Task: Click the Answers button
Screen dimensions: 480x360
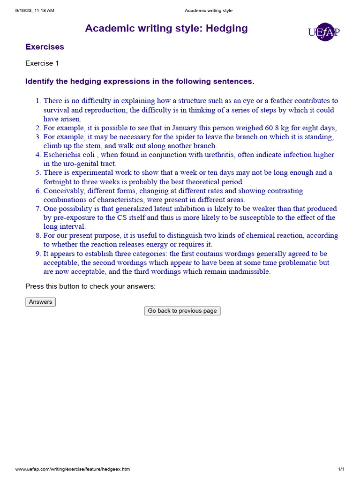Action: (40, 302)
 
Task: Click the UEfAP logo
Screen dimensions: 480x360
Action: (323, 32)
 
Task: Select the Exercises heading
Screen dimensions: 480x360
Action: (45, 47)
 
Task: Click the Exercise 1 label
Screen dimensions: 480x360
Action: (42, 63)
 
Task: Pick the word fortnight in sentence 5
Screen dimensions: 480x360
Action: (59, 182)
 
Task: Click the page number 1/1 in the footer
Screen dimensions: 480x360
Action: (341, 469)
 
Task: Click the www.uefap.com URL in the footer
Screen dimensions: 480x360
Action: (73, 469)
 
